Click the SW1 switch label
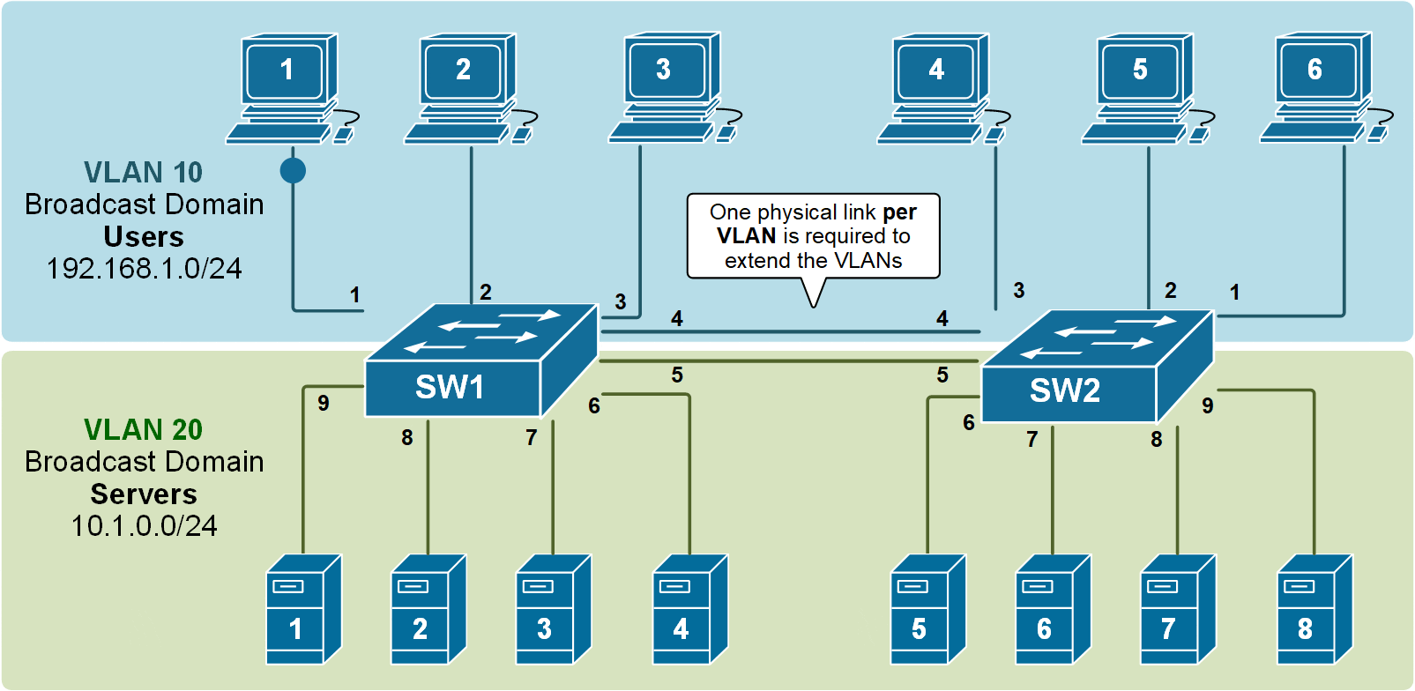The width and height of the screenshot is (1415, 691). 450,387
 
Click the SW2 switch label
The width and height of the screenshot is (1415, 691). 1065,390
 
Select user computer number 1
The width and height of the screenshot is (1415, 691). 287,88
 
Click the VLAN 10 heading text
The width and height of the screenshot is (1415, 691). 143,172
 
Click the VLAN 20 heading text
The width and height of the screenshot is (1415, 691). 143,429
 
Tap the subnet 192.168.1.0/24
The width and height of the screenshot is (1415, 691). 144,269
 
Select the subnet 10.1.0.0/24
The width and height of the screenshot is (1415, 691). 144,526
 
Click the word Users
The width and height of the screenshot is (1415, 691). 144,237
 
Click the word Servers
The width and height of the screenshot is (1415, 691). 144,494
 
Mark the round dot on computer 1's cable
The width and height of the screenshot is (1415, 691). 293,170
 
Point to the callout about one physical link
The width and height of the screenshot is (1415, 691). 813,236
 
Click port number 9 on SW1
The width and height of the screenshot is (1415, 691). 324,403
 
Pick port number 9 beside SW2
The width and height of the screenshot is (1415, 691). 1207,405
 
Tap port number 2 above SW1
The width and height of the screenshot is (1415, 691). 486,292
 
